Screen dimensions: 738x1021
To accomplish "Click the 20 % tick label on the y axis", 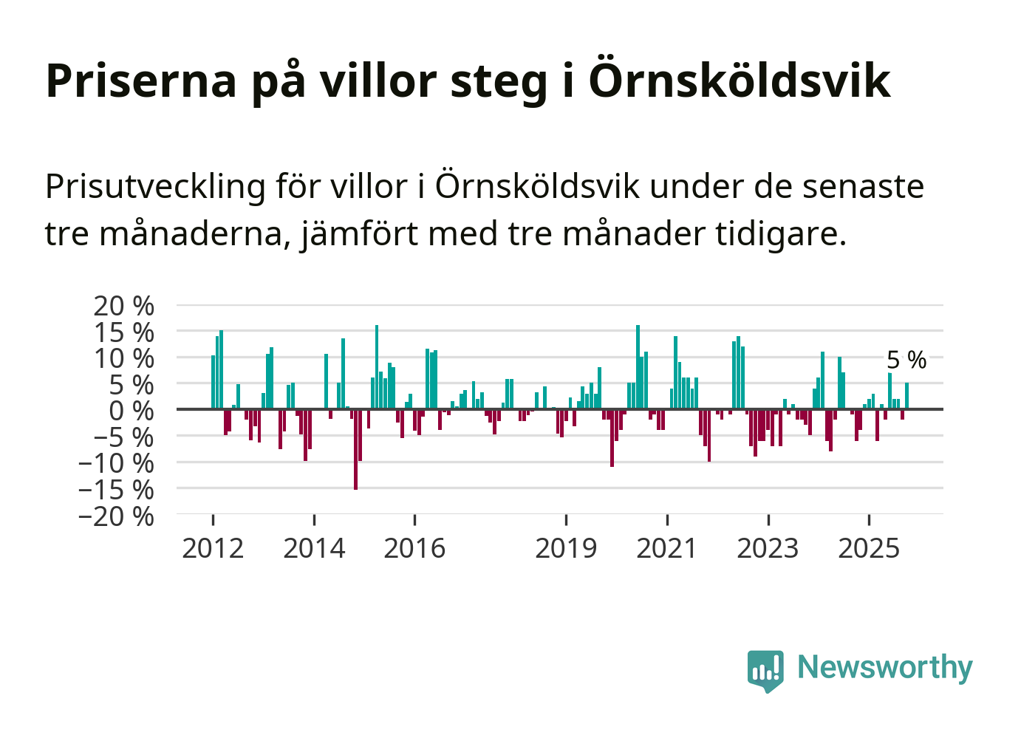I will click(123, 306).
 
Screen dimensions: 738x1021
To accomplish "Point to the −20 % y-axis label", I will click(117, 516).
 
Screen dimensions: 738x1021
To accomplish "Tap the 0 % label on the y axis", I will click(132, 411).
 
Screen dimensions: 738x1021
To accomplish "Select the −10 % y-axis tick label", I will click(117, 463).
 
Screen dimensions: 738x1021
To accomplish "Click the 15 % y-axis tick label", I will click(123, 332).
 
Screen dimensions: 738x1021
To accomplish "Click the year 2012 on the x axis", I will click(213, 548).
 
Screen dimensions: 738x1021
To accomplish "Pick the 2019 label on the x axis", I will click(566, 548).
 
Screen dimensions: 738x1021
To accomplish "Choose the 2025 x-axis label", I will click(869, 548).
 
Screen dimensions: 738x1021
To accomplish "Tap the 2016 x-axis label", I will click(414, 548).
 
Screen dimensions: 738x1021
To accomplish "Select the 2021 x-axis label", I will click(666, 548).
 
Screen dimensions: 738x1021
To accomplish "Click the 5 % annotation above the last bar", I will click(906, 361).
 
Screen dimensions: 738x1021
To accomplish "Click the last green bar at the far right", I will click(906, 395).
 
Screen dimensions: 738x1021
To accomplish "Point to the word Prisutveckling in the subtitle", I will click(155, 186).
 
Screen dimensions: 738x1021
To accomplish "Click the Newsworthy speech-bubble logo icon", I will click(765, 670).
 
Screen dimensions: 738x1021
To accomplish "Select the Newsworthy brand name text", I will click(884, 667).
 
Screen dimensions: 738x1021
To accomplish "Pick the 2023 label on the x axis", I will click(768, 548).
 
